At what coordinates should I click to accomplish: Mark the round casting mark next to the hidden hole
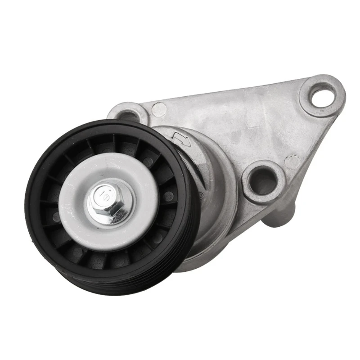(x=158, y=109)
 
